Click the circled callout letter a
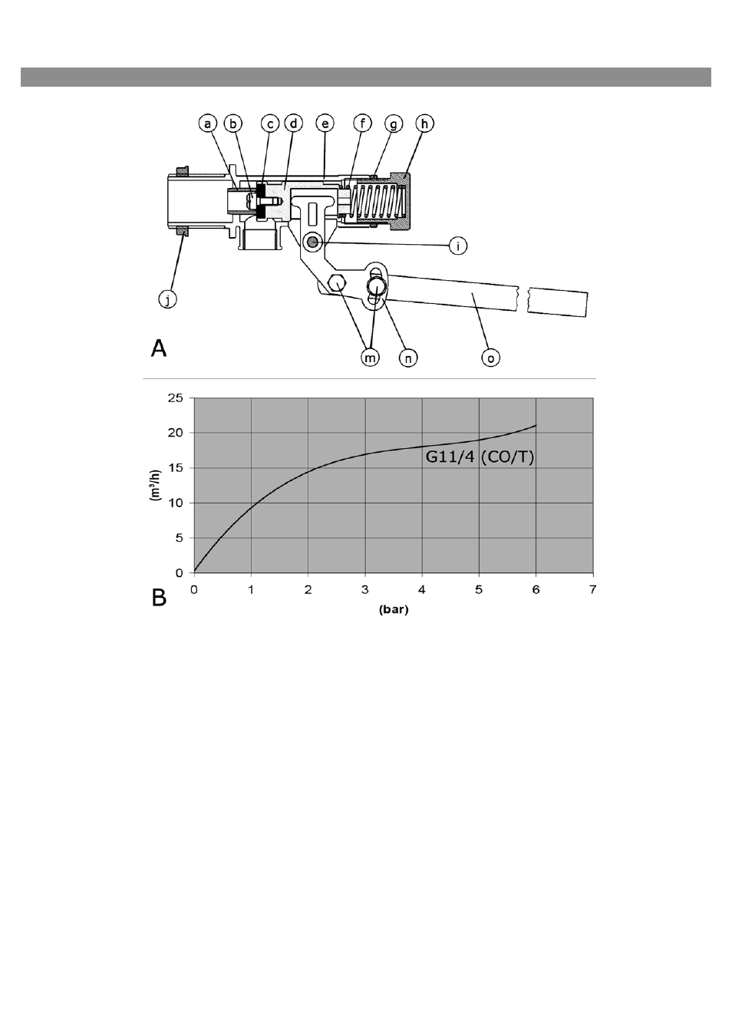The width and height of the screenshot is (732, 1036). click(208, 124)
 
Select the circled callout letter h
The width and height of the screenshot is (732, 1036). click(424, 124)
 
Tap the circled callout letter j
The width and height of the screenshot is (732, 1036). click(167, 300)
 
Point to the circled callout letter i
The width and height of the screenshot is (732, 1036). click(458, 246)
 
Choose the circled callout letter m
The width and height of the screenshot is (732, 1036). click(371, 358)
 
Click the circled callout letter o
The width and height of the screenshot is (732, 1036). click(490, 358)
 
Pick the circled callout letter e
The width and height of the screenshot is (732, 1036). click(325, 124)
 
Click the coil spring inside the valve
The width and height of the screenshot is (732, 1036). click(378, 202)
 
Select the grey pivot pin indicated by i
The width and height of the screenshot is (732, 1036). click(313, 241)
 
